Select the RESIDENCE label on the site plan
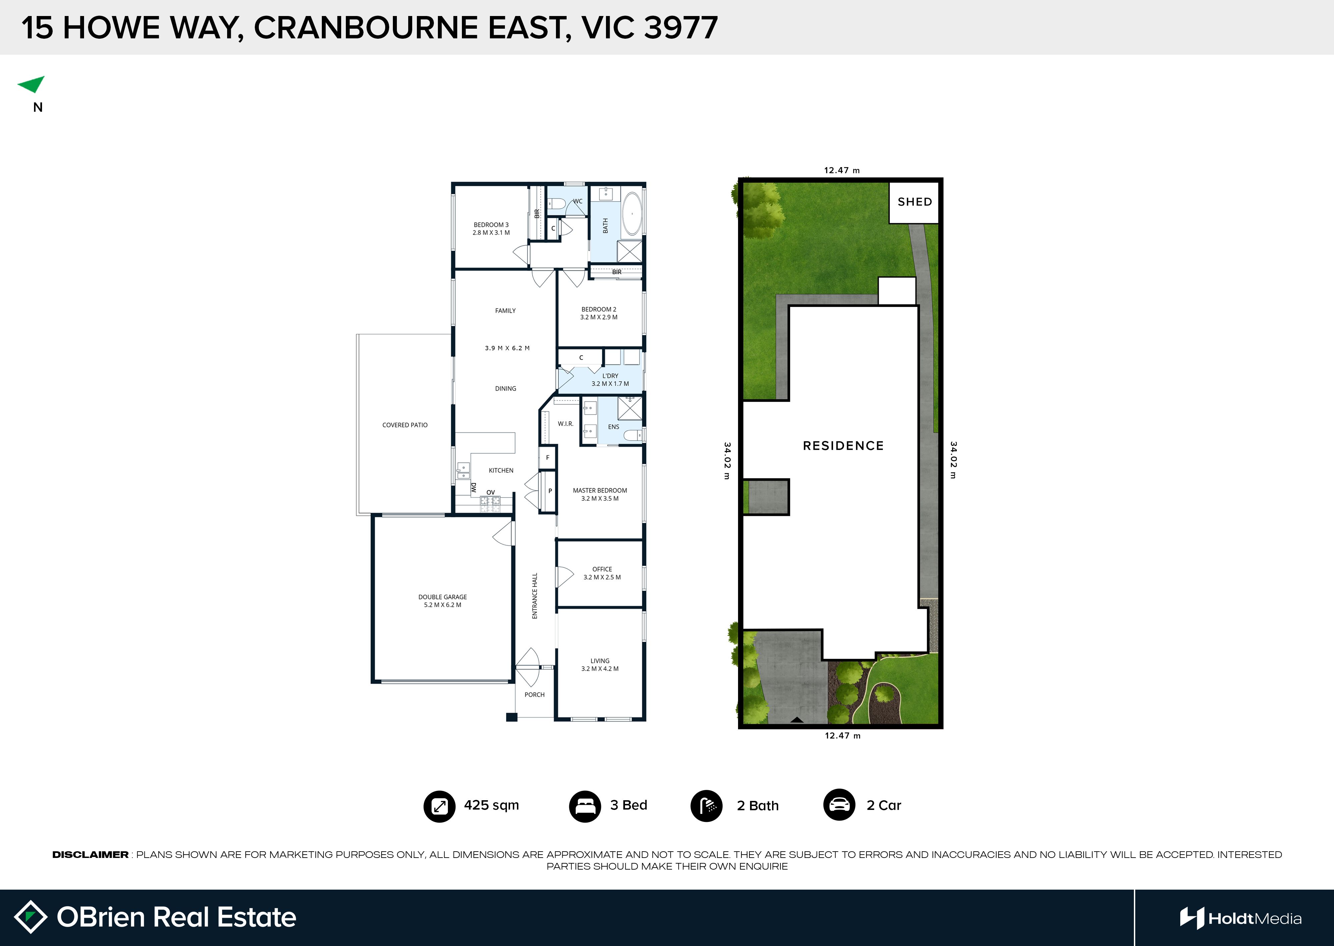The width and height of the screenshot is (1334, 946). (x=843, y=446)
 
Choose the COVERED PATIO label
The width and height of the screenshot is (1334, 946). (x=405, y=425)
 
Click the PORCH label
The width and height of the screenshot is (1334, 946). (x=535, y=694)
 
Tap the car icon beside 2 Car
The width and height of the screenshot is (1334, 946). (x=839, y=805)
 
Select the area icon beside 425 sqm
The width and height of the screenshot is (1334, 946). (x=439, y=806)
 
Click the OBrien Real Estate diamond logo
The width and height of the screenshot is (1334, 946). (x=30, y=917)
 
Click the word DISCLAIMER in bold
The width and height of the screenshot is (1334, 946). (x=90, y=855)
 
